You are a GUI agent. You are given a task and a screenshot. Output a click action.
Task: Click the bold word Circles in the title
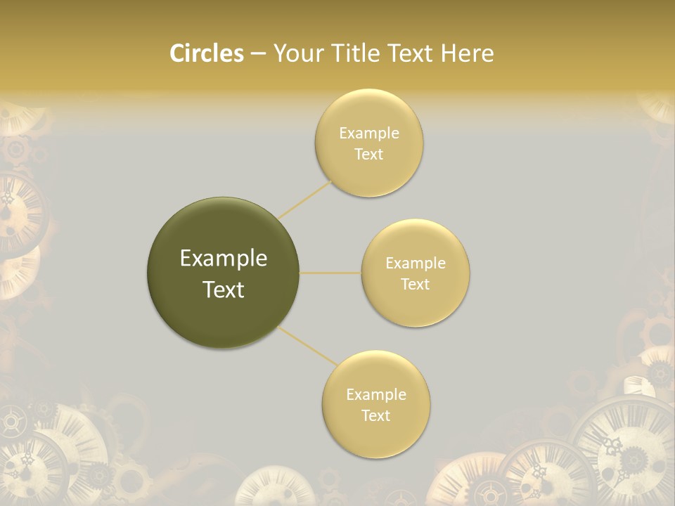[x=206, y=53]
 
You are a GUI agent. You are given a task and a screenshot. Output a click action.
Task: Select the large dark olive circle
[x=223, y=273]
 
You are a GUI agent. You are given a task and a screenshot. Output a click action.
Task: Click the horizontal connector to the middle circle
[x=330, y=273]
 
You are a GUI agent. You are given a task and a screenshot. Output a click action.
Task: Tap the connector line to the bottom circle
[x=308, y=346]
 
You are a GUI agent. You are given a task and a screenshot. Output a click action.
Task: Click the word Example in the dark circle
[x=224, y=259]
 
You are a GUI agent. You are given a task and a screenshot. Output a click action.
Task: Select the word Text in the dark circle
[x=224, y=290]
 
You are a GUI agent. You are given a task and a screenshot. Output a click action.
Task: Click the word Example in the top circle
[x=369, y=134]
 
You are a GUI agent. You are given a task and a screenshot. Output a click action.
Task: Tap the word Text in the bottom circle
[x=375, y=415]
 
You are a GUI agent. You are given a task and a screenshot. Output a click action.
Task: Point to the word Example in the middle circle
[x=416, y=264]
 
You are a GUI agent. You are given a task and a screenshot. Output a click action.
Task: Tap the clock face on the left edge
[x=18, y=211]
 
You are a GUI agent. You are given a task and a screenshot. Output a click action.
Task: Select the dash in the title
[x=258, y=53]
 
